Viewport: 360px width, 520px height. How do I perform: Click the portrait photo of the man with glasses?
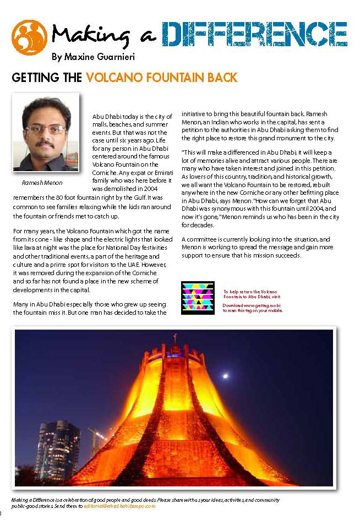tap(46, 134)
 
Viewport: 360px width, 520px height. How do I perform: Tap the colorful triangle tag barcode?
tap(198, 297)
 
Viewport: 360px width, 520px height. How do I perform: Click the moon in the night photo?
tap(225, 376)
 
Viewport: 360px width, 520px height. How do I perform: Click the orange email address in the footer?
tap(119, 506)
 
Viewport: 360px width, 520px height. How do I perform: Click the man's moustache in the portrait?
tap(46, 145)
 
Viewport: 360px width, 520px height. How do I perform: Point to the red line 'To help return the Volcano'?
tap(250, 291)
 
